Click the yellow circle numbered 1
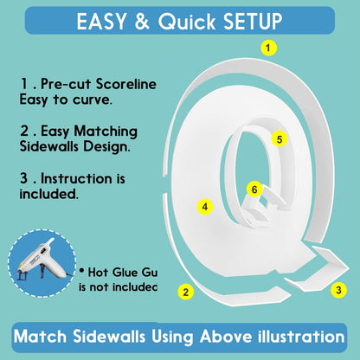point(268,48)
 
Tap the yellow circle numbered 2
point(186,292)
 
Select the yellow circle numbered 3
point(338,290)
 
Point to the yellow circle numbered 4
point(205,207)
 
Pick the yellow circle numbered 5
point(280,139)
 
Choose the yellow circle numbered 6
point(254,190)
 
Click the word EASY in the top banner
point(101,22)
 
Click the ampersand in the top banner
point(142,22)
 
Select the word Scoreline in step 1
point(126,84)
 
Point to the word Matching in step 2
point(106,132)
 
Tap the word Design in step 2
point(106,147)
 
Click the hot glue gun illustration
point(41,261)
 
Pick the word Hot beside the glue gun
point(98,272)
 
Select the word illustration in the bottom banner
point(300,337)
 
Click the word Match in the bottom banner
point(40,337)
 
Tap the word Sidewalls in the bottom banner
point(109,337)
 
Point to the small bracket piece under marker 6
point(261,208)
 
